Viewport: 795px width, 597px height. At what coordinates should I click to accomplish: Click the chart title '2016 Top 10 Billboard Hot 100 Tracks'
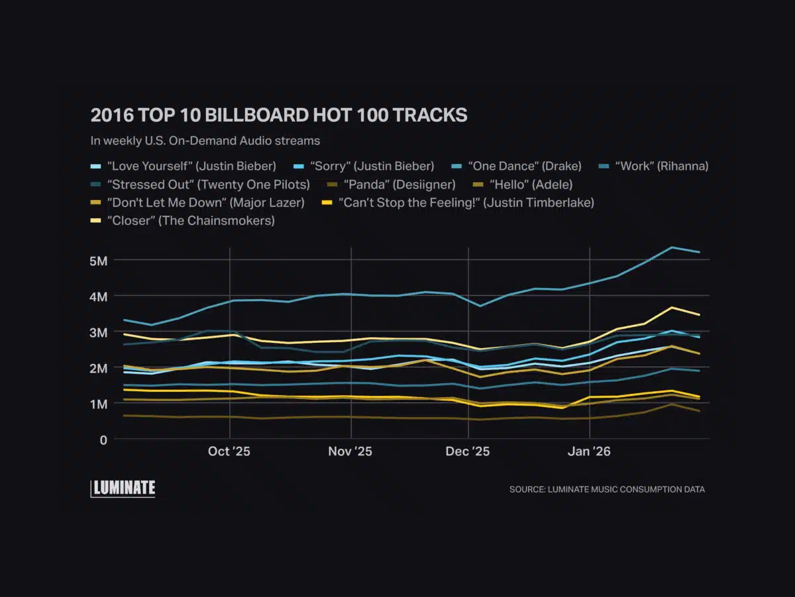coord(279,115)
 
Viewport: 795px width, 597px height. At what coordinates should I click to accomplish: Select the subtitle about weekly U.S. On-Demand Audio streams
coord(205,140)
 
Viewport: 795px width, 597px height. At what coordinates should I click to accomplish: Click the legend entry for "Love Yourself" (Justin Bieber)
coord(191,165)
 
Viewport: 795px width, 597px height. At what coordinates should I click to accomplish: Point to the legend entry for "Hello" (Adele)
coord(531,184)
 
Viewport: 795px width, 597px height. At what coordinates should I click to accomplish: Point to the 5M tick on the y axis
coord(99,261)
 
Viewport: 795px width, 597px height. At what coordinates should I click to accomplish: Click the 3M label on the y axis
coord(99,332)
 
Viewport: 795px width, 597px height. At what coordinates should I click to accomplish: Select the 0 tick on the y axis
coord(102,439)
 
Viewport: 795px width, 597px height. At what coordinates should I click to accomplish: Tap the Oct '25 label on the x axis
coord(229,452)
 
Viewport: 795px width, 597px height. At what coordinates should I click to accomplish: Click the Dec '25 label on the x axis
coord(468,452)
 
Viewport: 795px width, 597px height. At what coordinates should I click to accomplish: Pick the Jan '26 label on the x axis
coord(589,452)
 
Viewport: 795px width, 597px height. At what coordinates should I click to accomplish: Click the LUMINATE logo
coord(123,488)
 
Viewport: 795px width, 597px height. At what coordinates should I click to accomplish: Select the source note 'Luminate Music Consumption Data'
coord(607,490)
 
